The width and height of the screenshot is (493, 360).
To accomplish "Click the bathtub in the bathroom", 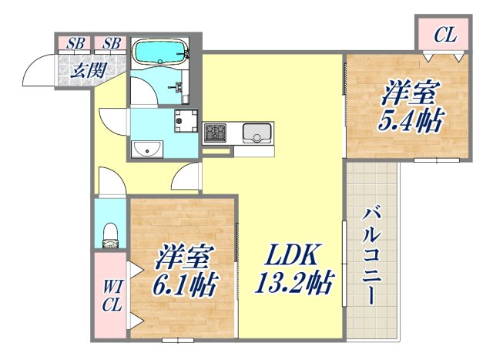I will coord(160,52).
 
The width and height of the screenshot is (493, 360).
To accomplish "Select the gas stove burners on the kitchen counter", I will coord(213,133).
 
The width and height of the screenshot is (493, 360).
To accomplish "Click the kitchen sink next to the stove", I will coord(255,133).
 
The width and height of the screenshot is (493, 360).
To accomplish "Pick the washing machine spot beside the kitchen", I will coord(185,120).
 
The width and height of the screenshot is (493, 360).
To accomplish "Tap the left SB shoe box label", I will coord(75,44).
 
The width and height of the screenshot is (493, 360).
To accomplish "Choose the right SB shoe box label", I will coord(112,44).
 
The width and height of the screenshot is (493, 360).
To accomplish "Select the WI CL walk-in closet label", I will coord(111,296).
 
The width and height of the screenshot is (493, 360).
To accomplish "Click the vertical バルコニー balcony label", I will coord(372,254).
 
